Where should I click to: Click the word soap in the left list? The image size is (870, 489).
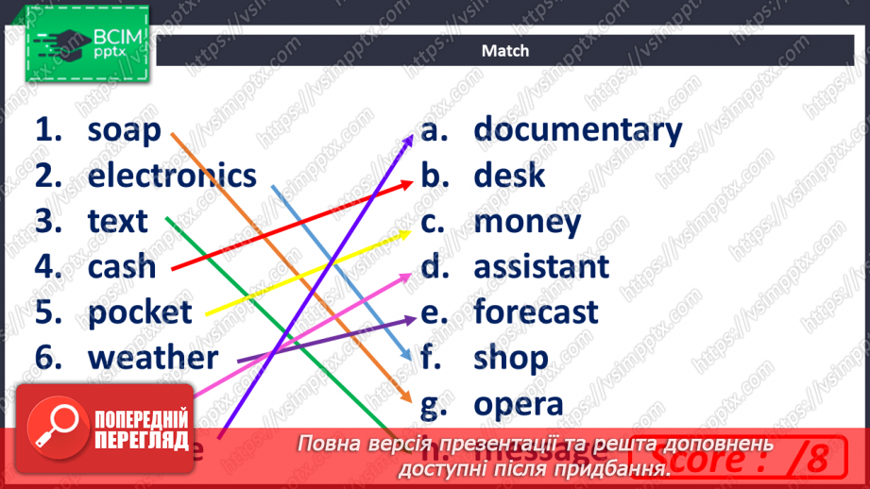[x=124, y=131]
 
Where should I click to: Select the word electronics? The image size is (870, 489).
[x=172, y=176]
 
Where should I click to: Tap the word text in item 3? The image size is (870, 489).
[x=118, y=221]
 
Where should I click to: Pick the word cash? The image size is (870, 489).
[x=122, y=266]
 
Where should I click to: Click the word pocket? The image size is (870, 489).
[x=140, y=312]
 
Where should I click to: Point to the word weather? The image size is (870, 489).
[x=153, y=358]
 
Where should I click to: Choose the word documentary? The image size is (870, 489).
[x=577, y=129]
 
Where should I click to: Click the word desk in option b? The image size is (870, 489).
[x=509, y=175]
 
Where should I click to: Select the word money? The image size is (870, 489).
[x=527, y=222]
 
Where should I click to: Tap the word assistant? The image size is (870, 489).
[x=541, y=266]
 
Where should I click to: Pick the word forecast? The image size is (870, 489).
[x=536, y=312]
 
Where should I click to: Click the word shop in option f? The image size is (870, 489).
[x=510, y=358]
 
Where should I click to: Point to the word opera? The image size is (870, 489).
[x=519, y=404]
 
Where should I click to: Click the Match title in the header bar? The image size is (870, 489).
[x=505, y=51]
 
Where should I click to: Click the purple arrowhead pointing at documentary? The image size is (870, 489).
[x=409, y=140]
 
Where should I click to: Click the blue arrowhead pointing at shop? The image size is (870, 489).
[x=405, y=356]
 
